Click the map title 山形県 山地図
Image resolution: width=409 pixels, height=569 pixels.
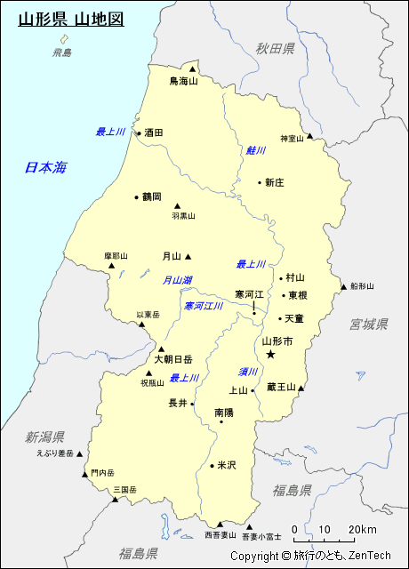tap(71, 18)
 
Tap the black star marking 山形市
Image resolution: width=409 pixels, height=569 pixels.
tap(271, 354)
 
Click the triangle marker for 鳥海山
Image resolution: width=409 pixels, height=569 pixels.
tap(192, 68)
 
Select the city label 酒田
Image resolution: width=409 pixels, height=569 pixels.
tap(154, 132)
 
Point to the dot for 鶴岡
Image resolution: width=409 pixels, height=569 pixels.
tap(136, 196)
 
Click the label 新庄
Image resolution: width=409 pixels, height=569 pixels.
tap(274, 182)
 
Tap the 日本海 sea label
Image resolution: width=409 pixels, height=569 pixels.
tap(45, 167)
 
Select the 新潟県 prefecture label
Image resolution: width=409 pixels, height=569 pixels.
tap(44, 437)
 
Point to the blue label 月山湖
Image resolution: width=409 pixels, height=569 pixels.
tap(177, 280)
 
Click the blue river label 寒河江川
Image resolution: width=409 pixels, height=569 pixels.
tap(204, 306)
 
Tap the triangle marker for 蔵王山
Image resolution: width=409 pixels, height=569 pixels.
tap(303, 387)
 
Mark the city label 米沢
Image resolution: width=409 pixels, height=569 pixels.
tap(227, 465)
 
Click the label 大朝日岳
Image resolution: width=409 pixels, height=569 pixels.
tap(172, 360)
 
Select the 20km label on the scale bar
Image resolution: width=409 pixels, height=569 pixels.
tap(362, 530)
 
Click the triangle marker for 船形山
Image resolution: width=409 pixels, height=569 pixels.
tap(343, 286)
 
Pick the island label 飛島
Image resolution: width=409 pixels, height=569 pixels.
tap(61, 53)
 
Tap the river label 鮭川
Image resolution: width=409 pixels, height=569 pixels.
tap(256, 150)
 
